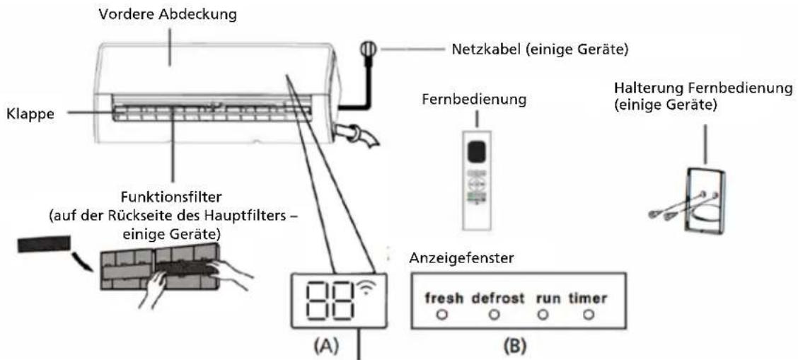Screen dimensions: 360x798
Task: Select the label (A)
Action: pos(322,347)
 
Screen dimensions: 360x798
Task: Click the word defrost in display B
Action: pos(498,299)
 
